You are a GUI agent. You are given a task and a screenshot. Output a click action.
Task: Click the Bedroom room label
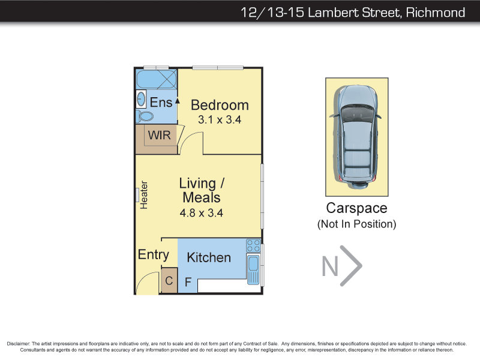(220, 105)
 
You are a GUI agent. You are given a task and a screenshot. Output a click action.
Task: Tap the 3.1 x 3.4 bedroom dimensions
(220, 119)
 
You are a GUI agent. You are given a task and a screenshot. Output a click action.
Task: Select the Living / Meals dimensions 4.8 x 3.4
(201, 213)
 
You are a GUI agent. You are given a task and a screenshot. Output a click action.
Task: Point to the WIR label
(159, 135)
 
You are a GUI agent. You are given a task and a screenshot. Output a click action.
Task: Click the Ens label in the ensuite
(161, 102)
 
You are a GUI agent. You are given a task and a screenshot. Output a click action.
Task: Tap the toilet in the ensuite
(145, 116)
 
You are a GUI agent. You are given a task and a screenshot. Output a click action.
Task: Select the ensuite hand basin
(141, 99)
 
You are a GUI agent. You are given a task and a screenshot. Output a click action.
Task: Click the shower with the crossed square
(157, 79)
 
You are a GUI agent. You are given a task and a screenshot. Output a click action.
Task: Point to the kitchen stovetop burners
(253, 245)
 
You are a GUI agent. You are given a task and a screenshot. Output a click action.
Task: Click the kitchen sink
(253, 269)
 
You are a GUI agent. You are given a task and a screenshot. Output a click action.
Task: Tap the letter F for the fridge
(188, 281)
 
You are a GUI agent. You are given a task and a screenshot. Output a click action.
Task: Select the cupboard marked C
(169, 280)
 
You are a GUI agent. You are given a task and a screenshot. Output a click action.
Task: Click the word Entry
(154, 254)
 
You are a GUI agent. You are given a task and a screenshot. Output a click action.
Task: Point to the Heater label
(144, 195)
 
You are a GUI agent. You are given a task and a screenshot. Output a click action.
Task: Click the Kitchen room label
(209, 257)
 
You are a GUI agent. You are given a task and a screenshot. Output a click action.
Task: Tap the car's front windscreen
(356, 113)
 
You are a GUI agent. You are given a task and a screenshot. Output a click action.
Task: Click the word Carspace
(356, 208)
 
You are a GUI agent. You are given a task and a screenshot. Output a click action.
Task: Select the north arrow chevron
(351, 266)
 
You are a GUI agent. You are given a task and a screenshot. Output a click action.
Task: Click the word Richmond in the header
(436, 13)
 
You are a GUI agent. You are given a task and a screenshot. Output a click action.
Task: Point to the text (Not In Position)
(356, 224)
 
